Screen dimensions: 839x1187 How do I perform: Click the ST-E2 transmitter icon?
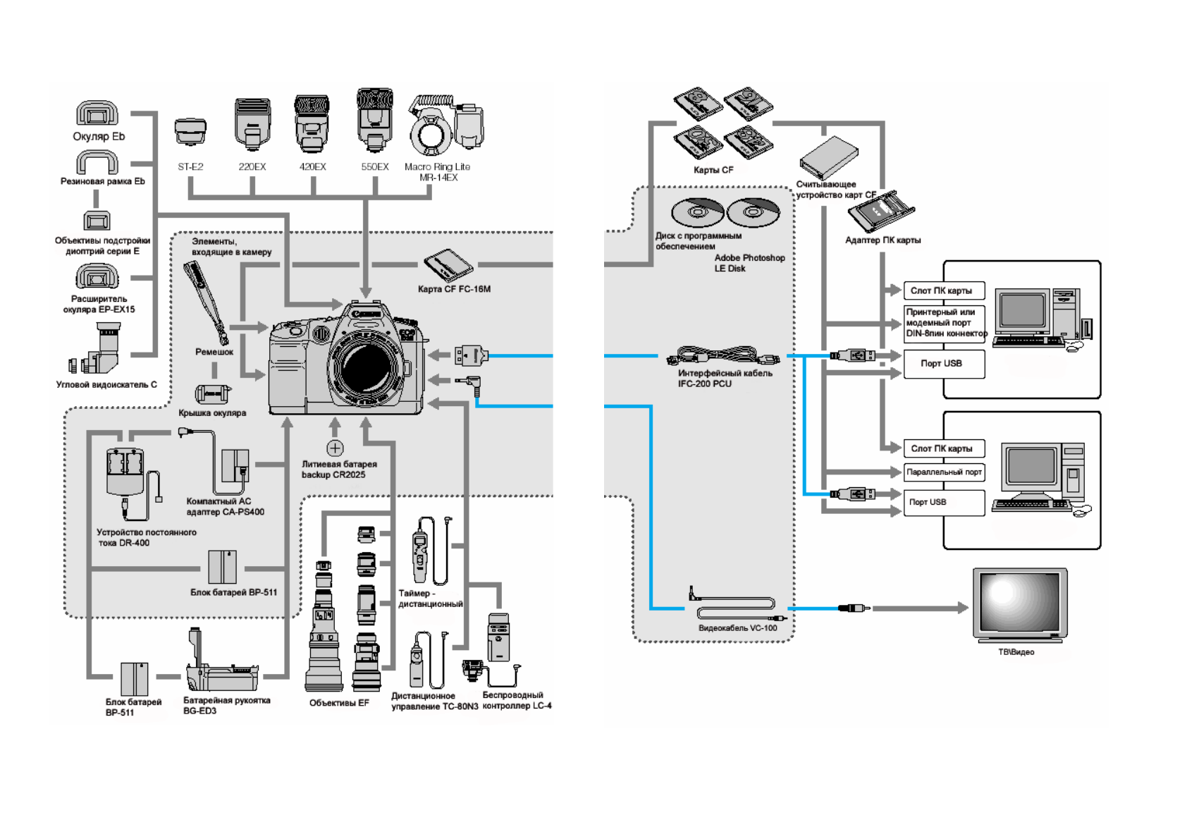pyautogui.click(x=190, y=131)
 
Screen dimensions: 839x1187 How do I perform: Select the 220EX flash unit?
pyautogui.click(x=252, y=124)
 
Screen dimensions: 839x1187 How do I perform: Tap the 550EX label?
pyautogui.click(x=375, y=167)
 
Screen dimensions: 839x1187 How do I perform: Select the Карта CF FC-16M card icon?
pyautogui.click(x=448, y=265)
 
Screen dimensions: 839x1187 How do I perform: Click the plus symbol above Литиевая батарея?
pyautogui.click(x=335, y=448)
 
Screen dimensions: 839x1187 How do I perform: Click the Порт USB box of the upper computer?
pyautogui.click(x=943, y=364)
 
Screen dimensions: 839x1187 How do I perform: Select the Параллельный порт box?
pyautogui.click(x=944, y=472)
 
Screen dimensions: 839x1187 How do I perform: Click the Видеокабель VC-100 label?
pyautogui.click(x=737, y=628)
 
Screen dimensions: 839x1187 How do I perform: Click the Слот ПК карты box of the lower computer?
pyautogui.click(x=943, y=448)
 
